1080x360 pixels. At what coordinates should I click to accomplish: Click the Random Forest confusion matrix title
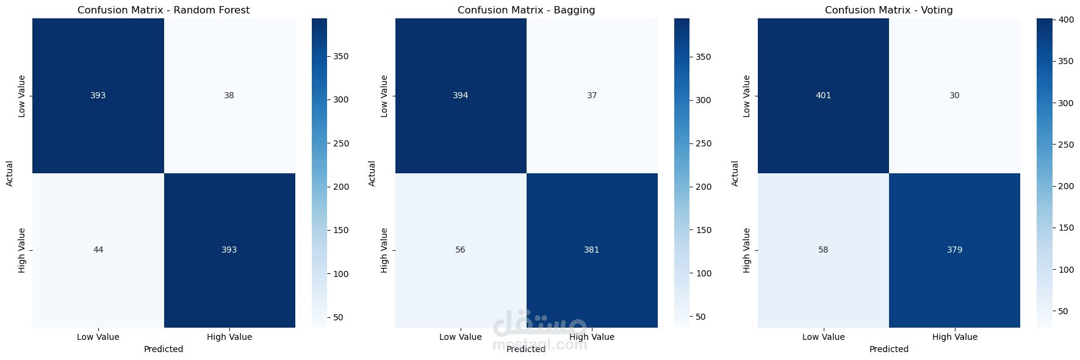coord(164,10)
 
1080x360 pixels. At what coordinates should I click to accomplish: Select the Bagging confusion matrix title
coord(526,10)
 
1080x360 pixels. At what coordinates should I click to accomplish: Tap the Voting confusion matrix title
coord(888,10)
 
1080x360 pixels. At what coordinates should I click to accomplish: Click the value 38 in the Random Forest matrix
coord(229,95)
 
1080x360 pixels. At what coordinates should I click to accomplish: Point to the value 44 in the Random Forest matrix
coord(98,250)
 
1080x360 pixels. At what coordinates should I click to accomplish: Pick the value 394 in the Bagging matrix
coord(461,95)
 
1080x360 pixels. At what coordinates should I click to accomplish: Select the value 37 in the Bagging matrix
coord(592,95)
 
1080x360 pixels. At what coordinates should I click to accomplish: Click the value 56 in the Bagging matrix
coord(461,250)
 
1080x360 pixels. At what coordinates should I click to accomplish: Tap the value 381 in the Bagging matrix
coord(592,250)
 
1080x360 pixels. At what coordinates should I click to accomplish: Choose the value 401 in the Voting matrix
coord(823,95)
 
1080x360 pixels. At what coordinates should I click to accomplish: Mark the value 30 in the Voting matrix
coord(954,95)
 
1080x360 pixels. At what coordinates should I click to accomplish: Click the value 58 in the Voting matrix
coord(823,250)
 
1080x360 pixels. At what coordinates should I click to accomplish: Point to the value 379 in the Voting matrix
coord(954,250)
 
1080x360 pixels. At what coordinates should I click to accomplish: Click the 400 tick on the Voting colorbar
coord(1066,20)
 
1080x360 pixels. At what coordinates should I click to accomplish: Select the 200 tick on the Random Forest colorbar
coord(340,187)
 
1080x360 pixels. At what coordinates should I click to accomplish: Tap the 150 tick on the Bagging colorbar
coord(704,230)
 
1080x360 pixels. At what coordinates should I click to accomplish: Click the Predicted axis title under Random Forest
coord(164,349)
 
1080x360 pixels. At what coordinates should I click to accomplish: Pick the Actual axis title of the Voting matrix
coord(735,173)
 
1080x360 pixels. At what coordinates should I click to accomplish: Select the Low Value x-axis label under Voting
coord(823,337)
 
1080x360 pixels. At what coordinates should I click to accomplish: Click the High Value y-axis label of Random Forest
coord(22,250)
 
